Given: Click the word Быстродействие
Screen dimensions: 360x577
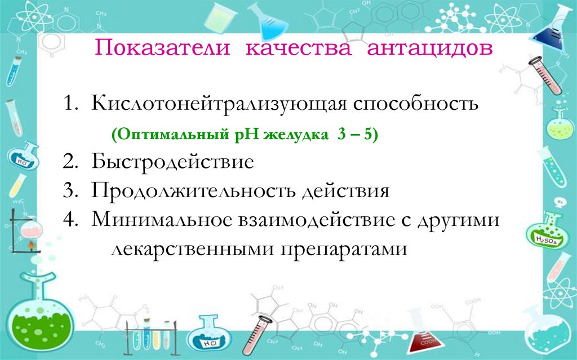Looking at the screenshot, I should coord(173,163).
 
